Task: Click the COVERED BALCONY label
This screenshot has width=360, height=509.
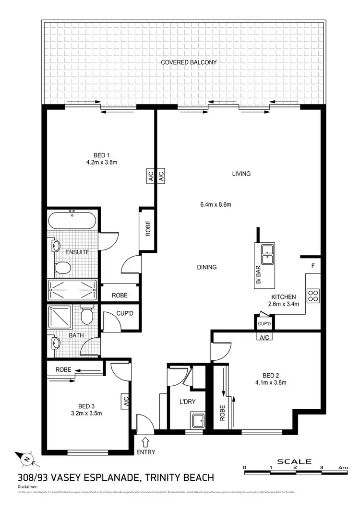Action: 189,62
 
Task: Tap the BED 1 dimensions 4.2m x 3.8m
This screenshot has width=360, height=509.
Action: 102,162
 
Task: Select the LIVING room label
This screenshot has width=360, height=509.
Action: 241,174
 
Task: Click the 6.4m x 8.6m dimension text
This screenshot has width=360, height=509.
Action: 216,204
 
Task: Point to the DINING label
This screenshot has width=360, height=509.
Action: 206,267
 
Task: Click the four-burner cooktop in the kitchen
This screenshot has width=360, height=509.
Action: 313,295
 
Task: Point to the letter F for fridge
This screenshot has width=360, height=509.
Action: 313,265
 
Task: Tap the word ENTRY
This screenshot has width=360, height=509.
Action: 145,451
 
